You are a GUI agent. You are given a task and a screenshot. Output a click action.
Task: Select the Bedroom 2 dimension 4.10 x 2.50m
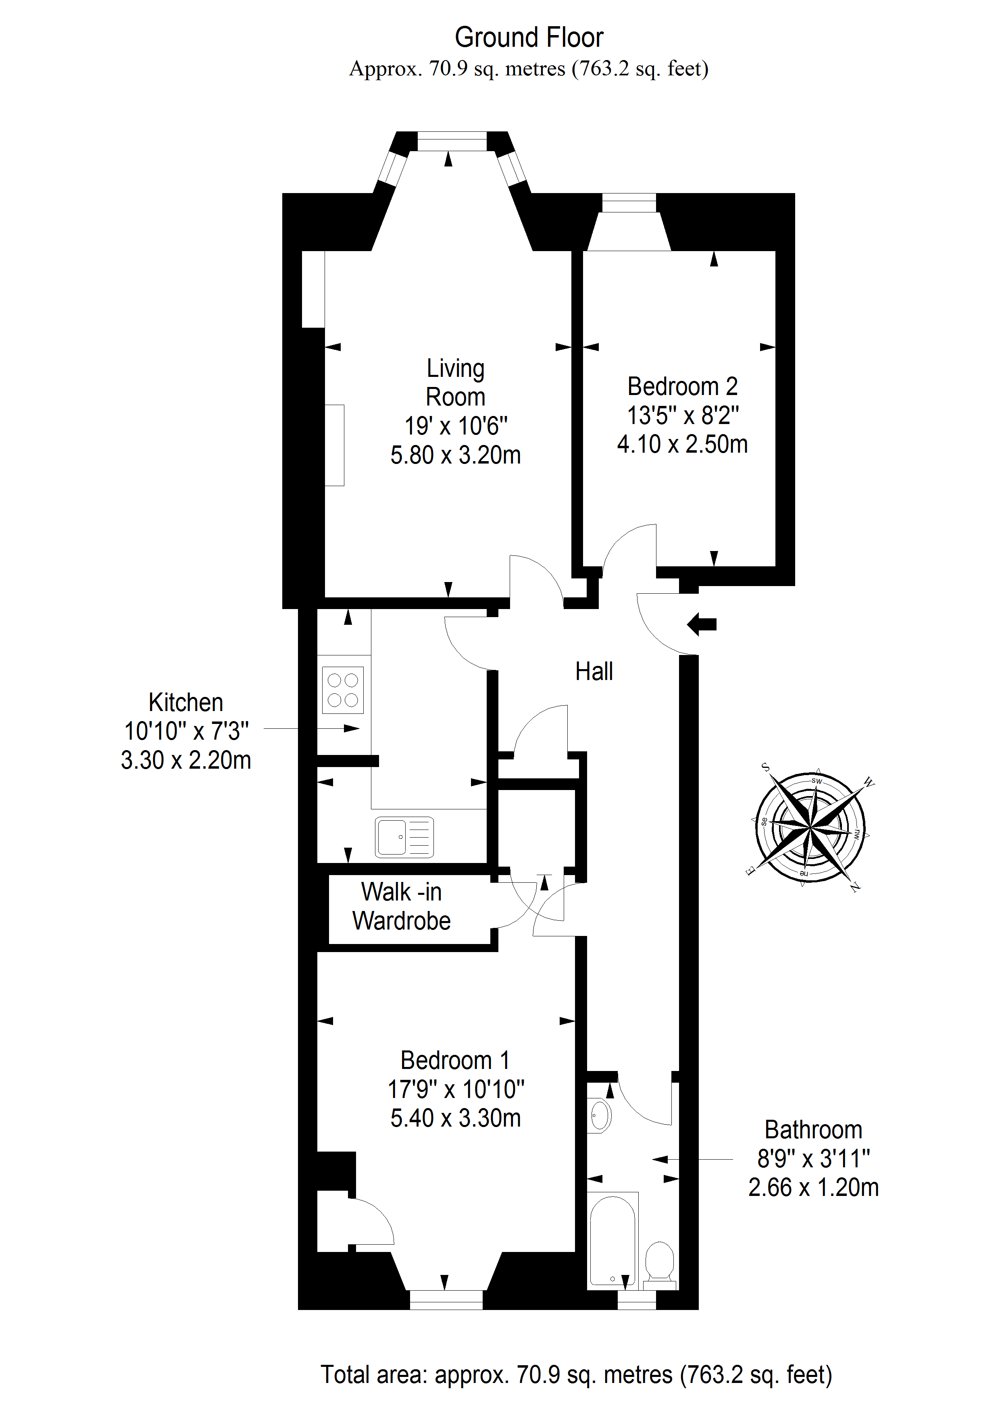click(682, 444)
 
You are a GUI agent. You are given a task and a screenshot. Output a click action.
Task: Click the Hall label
click(594, 671)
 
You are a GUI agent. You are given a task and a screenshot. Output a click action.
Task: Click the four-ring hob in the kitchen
click(343, 690)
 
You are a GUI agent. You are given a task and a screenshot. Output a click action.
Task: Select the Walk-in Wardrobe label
click(401, 907)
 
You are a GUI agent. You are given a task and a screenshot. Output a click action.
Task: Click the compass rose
click(810, 828)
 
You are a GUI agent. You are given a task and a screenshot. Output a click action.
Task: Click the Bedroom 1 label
click(455, 1060)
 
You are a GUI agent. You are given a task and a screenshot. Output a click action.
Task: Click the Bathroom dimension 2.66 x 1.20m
click(813, 1187)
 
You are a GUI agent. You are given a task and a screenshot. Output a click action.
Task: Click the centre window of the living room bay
click(452, 141)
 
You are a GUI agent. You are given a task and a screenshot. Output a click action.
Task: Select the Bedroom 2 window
click(629, 203)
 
